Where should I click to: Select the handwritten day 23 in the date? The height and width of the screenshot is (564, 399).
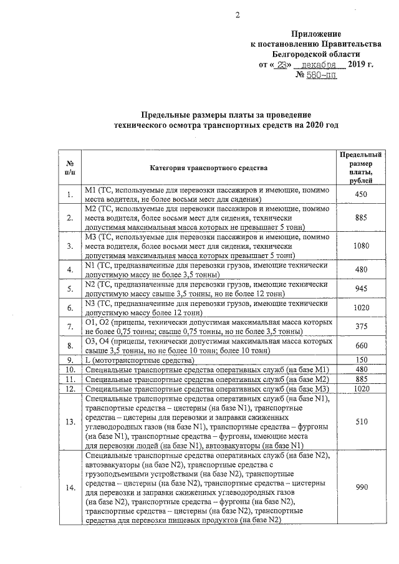pyautogui.click(x=281, y=64)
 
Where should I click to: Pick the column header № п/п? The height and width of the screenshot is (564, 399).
pyautogui.click(x=70, y=167)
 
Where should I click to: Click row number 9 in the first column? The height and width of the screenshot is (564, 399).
pyautogui.click(x=70, y=361)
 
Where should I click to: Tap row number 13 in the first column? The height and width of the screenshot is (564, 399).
pyautogui.click(x=70, y=422)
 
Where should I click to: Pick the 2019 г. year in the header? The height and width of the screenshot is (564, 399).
pyautogui.click(x=359, y=64)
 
